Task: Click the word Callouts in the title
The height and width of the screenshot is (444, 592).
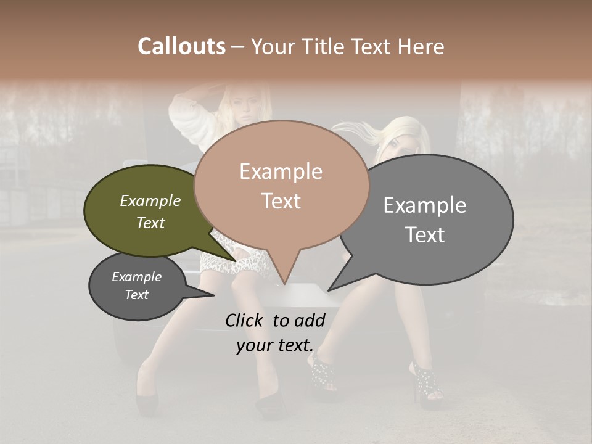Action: [x=181, y=46]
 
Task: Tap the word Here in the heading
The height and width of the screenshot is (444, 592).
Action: [x=420, y=46]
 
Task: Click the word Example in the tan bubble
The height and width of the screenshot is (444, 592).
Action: [x=281, y=171]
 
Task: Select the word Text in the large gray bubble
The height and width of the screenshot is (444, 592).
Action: [x=425, y=235]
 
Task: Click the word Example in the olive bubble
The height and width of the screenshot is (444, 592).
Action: [x=150, y=201]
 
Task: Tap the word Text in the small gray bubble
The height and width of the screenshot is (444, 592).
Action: [x=137, y=295]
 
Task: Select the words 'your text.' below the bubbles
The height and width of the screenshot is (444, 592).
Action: [x=274, y=345]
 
